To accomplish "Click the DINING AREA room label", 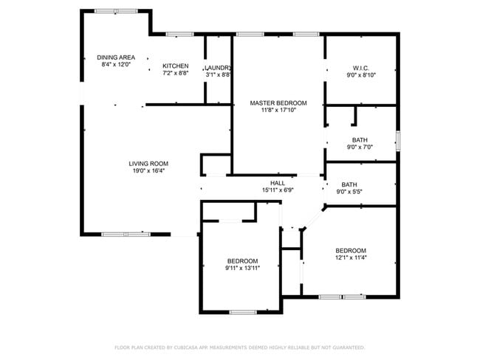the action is pyautogui.click(x=116, y=58).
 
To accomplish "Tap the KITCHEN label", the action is pyautogui.click(x=176, y=66).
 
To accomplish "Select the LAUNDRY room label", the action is pyautogui.click(x=218, y=68).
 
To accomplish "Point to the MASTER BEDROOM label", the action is pyautogui.click(x=278, y=103).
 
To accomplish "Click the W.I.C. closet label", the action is pyautogui.click(x=361, y=68).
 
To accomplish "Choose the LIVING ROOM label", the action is pyautogui.click(x=148, y=164).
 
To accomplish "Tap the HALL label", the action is pyautogui.click(x=278, y=183).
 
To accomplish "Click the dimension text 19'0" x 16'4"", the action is pyautogui.click(x=148, y=170).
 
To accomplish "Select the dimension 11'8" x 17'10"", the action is pyautogui.click(x=278, y=110).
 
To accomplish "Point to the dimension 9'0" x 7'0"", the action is pyautogui.click(x=360, y=147).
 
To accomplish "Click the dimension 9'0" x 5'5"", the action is pyautogui.click(x=349, y=192).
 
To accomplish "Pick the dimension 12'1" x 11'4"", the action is pyautogui.click(x=351, y=257).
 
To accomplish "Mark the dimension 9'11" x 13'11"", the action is pyautogui.click(x=242, y=269).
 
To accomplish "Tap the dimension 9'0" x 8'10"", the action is pyautogui.click(x=361, y=75).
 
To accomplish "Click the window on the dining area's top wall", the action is pyautogui.click(x=116, y=11).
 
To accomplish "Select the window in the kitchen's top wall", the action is pyautogui.click(x=179, y=34).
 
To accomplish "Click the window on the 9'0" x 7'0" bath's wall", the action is pyautogui.click(x=398, y=141).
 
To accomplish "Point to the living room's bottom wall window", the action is pyautogui.click(x=126, y=235).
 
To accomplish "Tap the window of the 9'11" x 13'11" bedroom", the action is pyautogui.click(x=243, y=312).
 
